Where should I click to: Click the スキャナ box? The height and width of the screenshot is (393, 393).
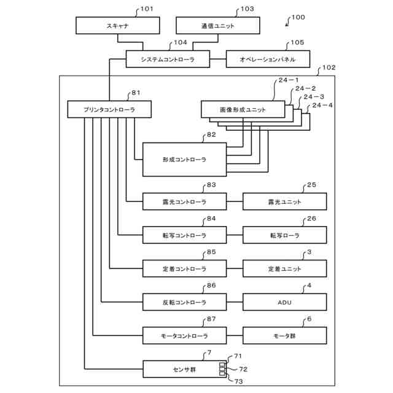[117, 25]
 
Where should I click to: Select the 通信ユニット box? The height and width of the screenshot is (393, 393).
[218, 25]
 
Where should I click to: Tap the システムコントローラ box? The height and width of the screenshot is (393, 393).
[168, 59]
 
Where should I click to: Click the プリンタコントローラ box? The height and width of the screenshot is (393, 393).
[109, 109]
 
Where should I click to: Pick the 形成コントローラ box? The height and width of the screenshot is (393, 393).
[184, 159]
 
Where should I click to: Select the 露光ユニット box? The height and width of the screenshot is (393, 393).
[285, 201]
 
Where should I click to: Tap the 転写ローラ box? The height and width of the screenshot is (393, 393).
[285, 235]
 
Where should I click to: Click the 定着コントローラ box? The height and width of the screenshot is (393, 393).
[184, 269]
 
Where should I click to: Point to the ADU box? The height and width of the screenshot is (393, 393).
[285, 302]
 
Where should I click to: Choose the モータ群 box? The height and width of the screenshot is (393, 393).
[285, 336]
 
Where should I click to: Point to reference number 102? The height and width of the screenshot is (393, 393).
[329, 68]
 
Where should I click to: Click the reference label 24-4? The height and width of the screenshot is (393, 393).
[322, 105]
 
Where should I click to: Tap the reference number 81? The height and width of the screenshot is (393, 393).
[136, 93]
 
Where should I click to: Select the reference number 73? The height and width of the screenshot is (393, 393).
[238, 381]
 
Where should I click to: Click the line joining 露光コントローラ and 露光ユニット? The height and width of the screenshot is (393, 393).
[235, 201]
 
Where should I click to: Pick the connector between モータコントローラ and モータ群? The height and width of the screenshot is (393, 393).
[235, 336]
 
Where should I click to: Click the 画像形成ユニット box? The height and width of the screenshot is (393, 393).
[243, 109]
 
